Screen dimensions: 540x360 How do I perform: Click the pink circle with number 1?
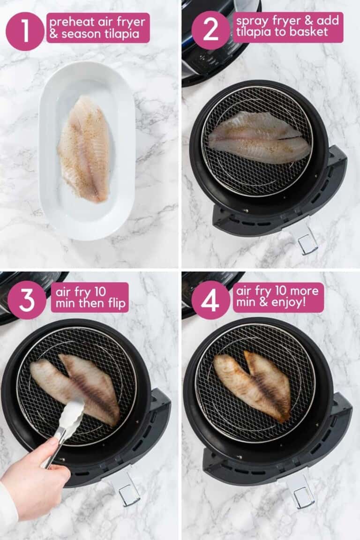(25, 31)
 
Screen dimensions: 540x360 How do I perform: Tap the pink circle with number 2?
(210, 30)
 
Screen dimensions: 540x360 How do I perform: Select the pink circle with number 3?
(27, 300)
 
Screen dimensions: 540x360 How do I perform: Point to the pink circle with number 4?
(210, 300)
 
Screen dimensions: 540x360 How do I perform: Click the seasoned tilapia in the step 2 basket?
(259, 137)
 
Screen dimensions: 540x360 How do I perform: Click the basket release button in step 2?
(307, 243)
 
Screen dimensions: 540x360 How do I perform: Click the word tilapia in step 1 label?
(125, 34)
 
